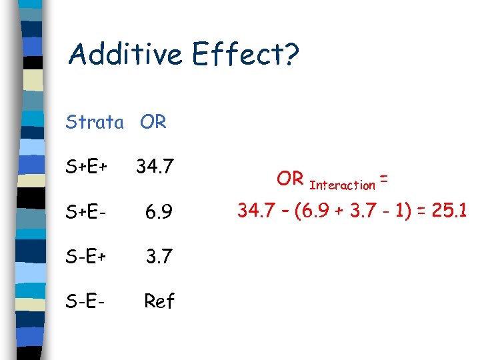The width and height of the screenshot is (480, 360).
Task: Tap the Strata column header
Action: pyautogui.click(x=95, y=123)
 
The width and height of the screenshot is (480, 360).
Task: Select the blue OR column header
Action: pyautogui.click(x=153, y=123)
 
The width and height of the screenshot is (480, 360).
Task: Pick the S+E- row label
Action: pyautogui.click(x=87, y=212)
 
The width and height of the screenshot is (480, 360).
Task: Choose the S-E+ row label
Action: pyautogui.click(x=87, y=257)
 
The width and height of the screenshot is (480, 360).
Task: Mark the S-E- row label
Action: pyautogui.click(x=87, y=301)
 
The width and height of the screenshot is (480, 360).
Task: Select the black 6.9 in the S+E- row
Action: pyautogui.click(x=159, y=212)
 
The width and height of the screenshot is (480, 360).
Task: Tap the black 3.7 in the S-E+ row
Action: pyautogui.click(x=159, y=257)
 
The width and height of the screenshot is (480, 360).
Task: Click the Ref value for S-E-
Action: pyautogui.click(x=159, y=301)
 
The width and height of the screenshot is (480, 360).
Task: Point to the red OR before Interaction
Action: pyautogui.click(x=290, y=179)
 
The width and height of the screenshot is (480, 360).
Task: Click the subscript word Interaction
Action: pyautogui.click(x=343, y=185)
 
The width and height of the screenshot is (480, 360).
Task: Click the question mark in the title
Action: pyautogui.click(x=291, y=54)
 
